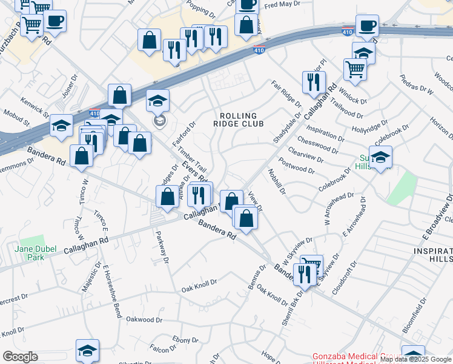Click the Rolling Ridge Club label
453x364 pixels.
239,120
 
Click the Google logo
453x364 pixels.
20,357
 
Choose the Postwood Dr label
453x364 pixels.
296,166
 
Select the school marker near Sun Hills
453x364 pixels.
380,158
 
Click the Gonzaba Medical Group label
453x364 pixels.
356,357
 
